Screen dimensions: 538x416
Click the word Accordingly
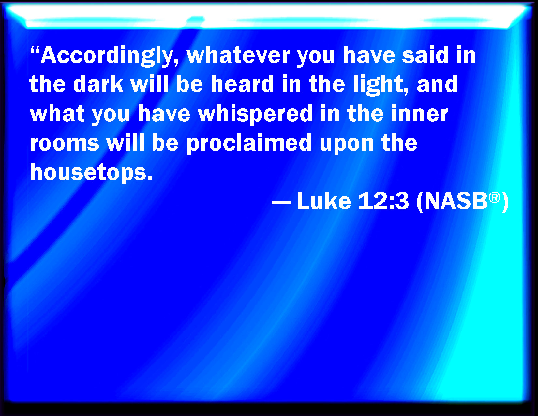[109, 56]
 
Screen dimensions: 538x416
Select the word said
[425, 55]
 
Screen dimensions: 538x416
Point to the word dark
[98, 84]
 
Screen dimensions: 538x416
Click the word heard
[242, 84]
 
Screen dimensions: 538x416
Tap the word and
[437, 84]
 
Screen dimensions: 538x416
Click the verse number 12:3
[383, 201]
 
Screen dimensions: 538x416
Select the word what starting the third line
[57, 114]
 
